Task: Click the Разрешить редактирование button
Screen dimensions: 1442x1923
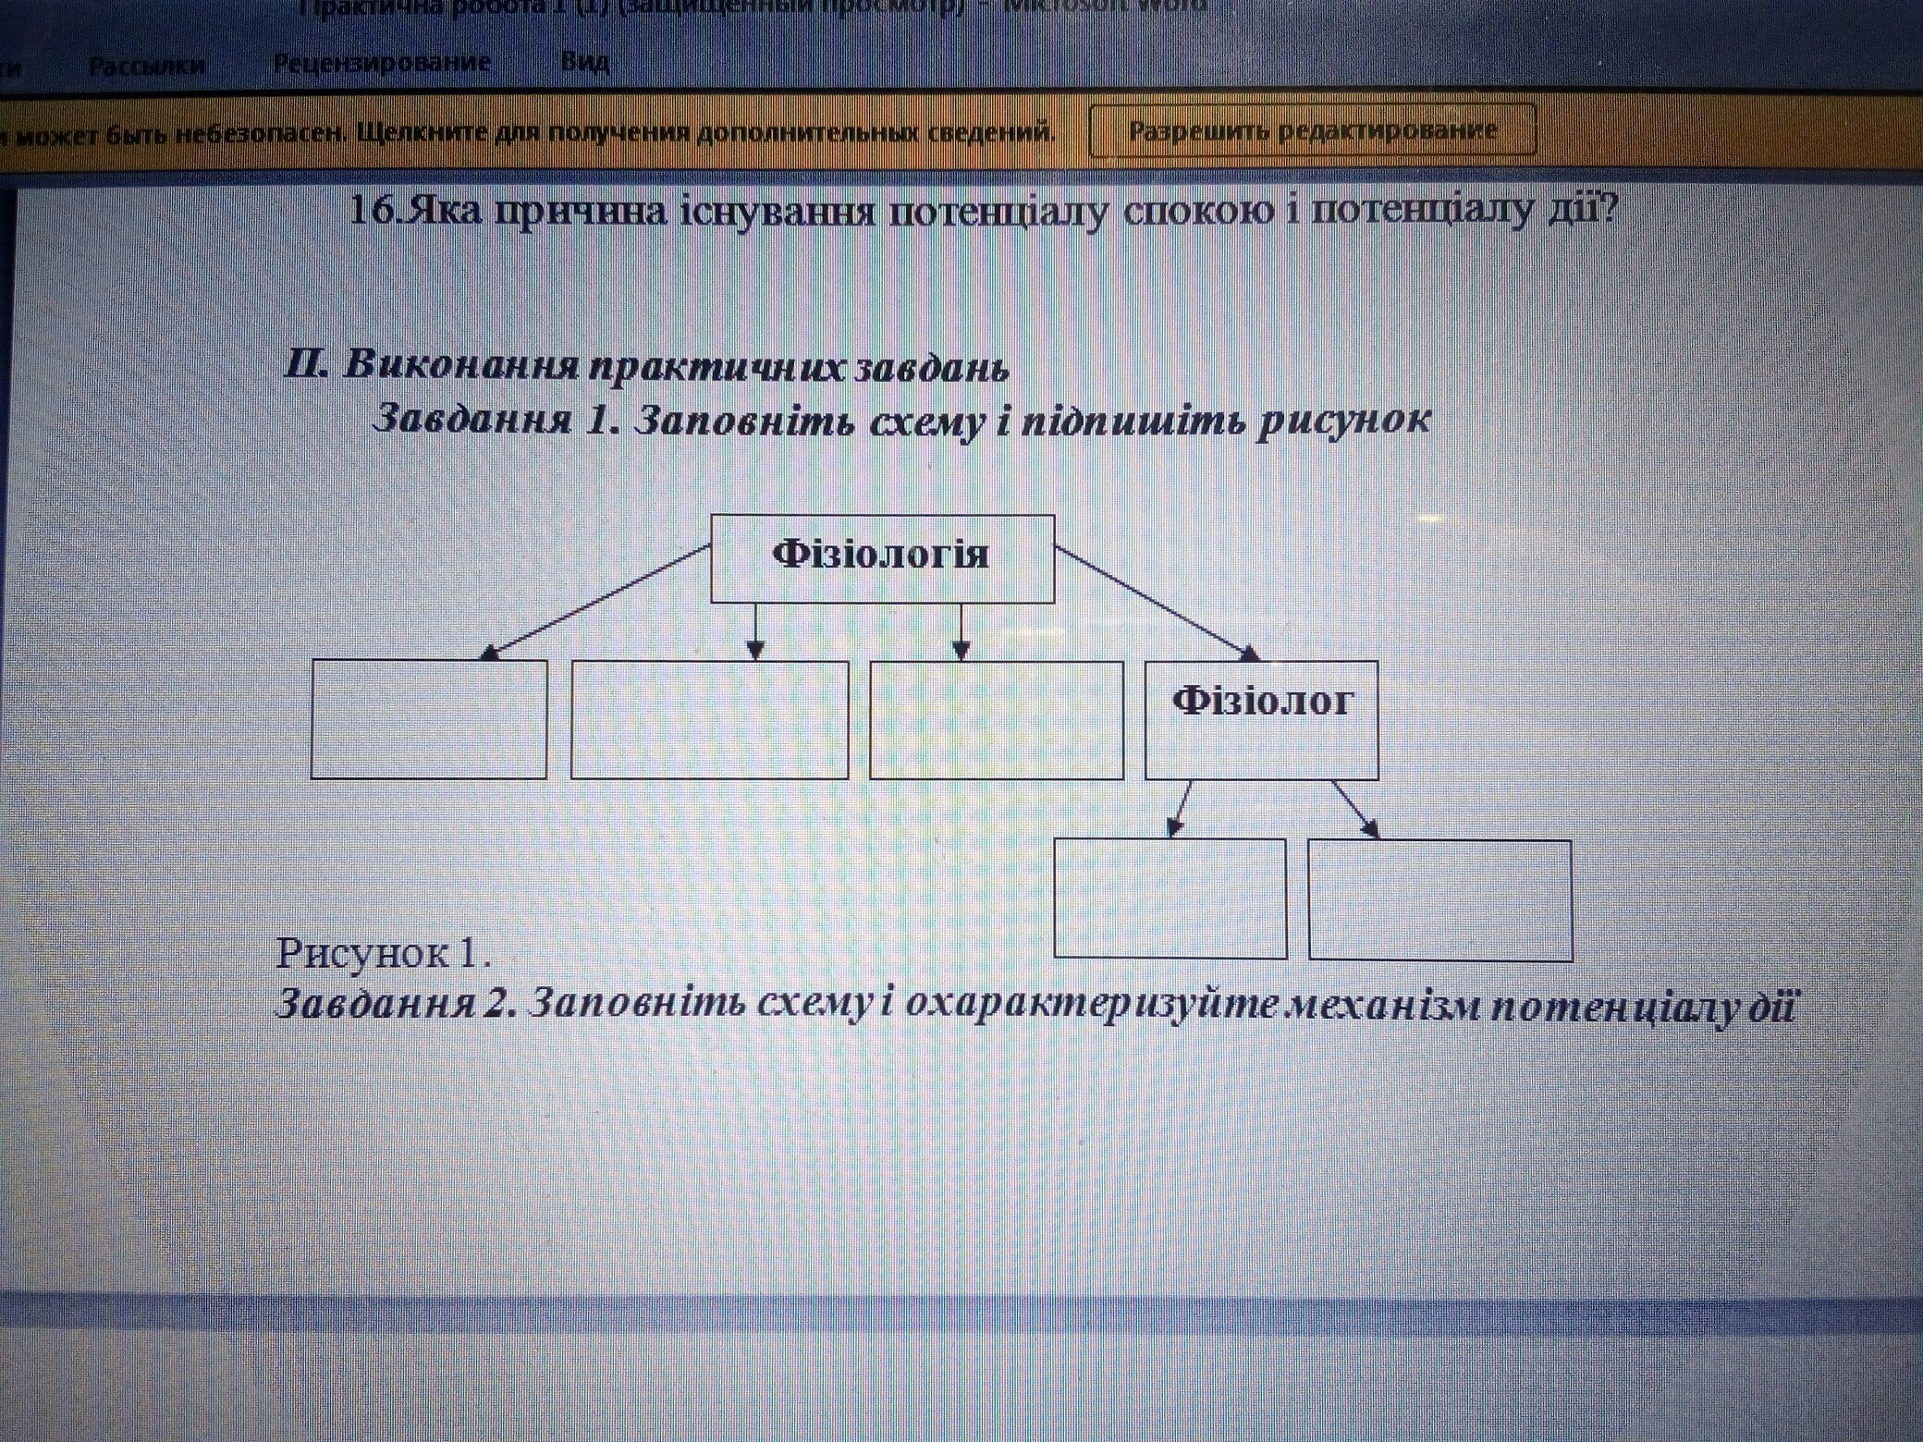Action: pyautogui.click(x=1312, y=130)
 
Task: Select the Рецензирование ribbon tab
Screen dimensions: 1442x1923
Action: pyautogui.click(x=382, y=64)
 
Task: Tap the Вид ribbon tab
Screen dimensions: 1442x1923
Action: pyautogui.click(x=585, y=63)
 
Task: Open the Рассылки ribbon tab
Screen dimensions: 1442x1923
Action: pyautogui.click(x=147, y=66)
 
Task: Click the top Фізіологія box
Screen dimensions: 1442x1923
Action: pyautogui.click(x=882, y=558)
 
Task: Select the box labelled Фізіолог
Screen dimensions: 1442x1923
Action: pyautogui.click(x=1261, y=719)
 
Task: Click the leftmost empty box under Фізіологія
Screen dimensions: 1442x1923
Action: pyautogui.click(x=428, y=718)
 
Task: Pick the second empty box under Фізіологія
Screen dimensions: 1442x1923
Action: pyautogui.click(x=709, y=719)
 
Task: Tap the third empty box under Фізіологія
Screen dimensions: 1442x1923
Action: pyautogui.click(x=997, y=719)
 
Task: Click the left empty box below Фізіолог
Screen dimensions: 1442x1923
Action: pyautogui.click(x=1170, y=898)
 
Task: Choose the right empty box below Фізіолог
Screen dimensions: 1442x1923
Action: pyautogui.click(x=1439, y=899)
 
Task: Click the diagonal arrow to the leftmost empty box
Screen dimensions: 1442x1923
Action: pyautogui.click(x=596, y=602)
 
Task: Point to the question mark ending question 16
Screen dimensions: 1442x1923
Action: pyautogui.click(x=1611, y=211)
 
